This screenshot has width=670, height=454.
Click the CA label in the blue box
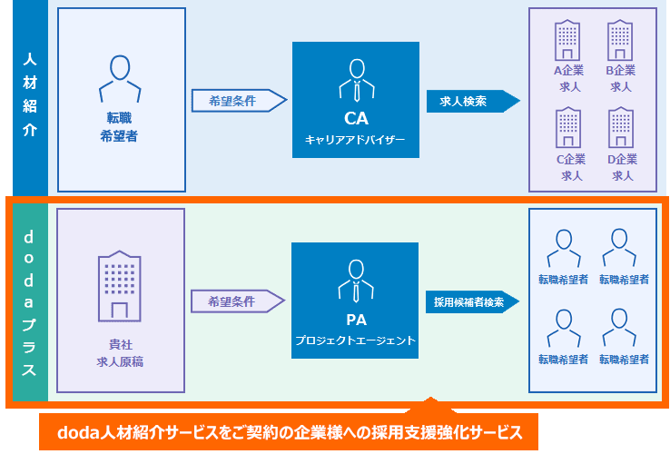click(x=356, y=118)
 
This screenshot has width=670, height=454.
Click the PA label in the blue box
click(x=356, y=320)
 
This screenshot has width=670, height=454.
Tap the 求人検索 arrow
click(x=471, y=101)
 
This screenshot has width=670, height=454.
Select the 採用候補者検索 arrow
click(x=471, y=302)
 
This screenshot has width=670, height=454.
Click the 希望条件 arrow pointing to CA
click(x=239, y=101)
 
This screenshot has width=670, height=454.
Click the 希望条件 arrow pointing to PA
click(x=239, y=301)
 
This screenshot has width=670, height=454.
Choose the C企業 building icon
click(x=569, y=128)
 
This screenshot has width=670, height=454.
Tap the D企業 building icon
click(x=621, y=128)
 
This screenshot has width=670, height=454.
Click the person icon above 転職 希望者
click(x=121, y=78)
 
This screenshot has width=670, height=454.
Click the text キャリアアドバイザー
click(x=356, y=140)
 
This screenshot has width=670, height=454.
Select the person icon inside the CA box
click(x=356, y=80)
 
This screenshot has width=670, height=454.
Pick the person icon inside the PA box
click(x=356, y=281)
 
